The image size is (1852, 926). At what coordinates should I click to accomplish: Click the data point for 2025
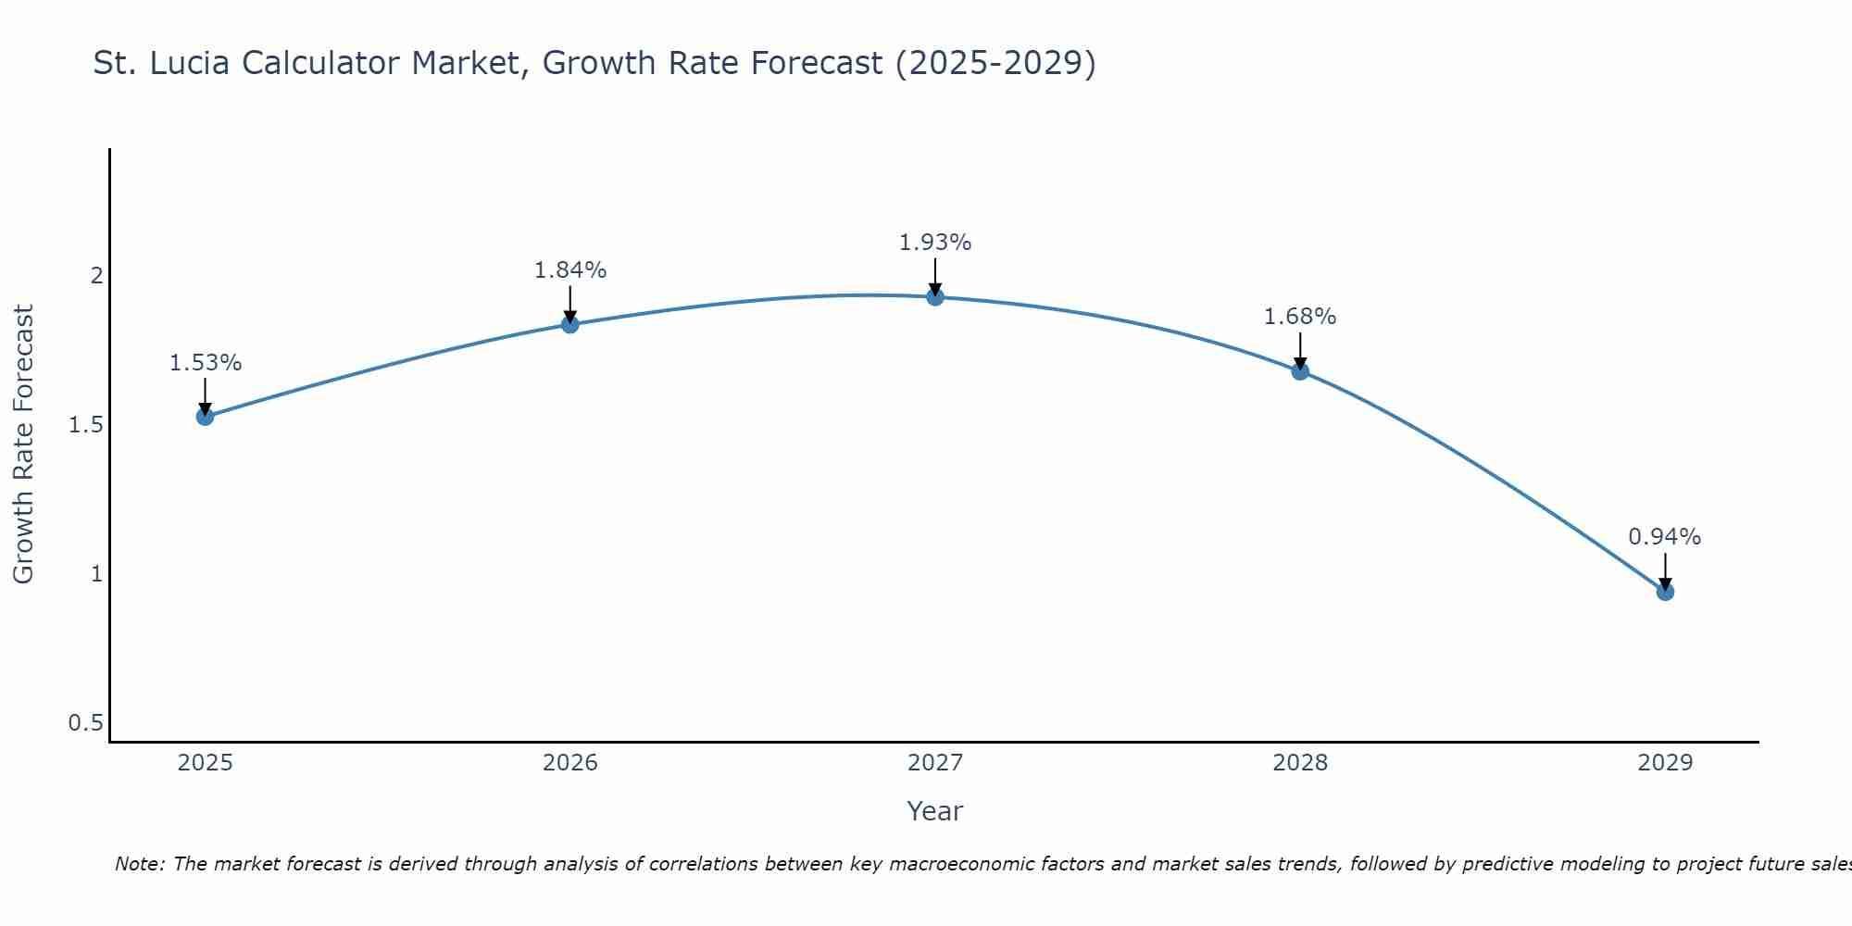pos(206,417)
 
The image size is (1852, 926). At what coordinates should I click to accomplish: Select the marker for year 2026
pos(570,324)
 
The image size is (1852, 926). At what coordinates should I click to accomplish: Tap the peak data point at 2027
pos(935,297)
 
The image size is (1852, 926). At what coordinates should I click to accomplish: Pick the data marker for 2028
pos(1300,371)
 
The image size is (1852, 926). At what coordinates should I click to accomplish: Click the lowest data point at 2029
pos(1665,592)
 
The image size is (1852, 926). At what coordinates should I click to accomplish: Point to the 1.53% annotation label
pos(206,363)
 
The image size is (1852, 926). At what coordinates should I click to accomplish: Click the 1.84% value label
pos(570,270)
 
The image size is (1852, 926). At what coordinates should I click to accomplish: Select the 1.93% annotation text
pos(935,243)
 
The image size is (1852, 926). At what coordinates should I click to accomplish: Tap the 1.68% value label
pos(1300,317)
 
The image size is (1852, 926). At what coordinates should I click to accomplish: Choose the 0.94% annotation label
pos(1665,537)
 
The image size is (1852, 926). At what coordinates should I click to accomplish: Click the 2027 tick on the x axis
pos(935,763)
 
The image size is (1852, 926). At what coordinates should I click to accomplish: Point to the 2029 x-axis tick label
pos(1665,763)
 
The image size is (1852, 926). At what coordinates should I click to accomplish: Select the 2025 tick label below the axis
pos(206,763)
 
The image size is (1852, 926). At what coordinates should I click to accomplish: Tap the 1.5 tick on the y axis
pos(85,425)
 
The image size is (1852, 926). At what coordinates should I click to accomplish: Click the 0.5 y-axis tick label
pos(85,723)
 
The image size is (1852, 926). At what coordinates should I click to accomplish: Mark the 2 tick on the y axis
pos(95,276)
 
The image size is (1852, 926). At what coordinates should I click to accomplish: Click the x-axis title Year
pos(935,811)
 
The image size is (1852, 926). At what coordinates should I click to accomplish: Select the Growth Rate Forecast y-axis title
pos(24,444)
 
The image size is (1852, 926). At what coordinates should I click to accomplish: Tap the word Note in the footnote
pos(138,864)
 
